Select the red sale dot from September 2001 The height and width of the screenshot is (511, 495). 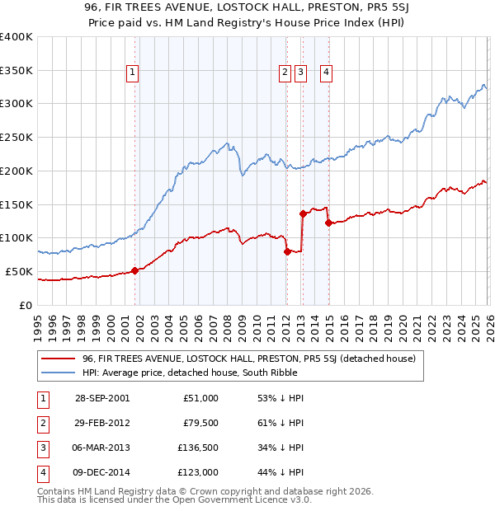pos(134,270)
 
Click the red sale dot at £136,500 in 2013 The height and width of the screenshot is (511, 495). pos(303,213)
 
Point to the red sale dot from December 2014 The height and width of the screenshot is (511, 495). pos(328,223)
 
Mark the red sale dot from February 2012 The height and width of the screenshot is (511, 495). pos(287,251)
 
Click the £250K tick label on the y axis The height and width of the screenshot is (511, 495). pos(16,137)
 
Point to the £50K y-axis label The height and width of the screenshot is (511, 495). pos(19,271)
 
